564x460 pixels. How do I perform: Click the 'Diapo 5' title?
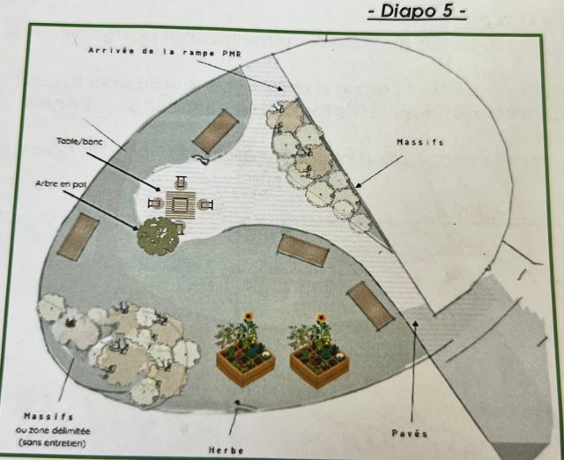[x=417, y=11]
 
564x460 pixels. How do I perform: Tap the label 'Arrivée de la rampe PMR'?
[x=165, y=52]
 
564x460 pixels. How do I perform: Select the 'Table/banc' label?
[x=79, y=141]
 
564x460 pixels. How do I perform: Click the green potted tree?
[x=158, y=236]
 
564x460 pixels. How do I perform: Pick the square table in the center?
[x=181, y=205]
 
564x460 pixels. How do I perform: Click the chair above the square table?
[x=181, y=182]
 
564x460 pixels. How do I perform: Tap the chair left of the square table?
[x=155, y=204]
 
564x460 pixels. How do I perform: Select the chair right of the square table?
[x=205, y=204]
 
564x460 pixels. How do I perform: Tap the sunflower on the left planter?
[x=249, y=317]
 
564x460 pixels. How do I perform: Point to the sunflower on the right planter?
[x=321, y=318]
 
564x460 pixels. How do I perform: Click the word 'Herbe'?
[x=226, y=450]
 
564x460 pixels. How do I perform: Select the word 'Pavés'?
[x=410, y=434]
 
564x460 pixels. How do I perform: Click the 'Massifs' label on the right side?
[x=420, y=143]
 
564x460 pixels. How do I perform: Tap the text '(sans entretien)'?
[x=53, y=443]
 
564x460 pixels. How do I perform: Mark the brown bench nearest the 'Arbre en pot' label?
[x=78, y=236]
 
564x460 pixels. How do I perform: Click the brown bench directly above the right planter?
[x=370, y=306]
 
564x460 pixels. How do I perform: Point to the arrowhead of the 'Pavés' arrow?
[x=415, y=323]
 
